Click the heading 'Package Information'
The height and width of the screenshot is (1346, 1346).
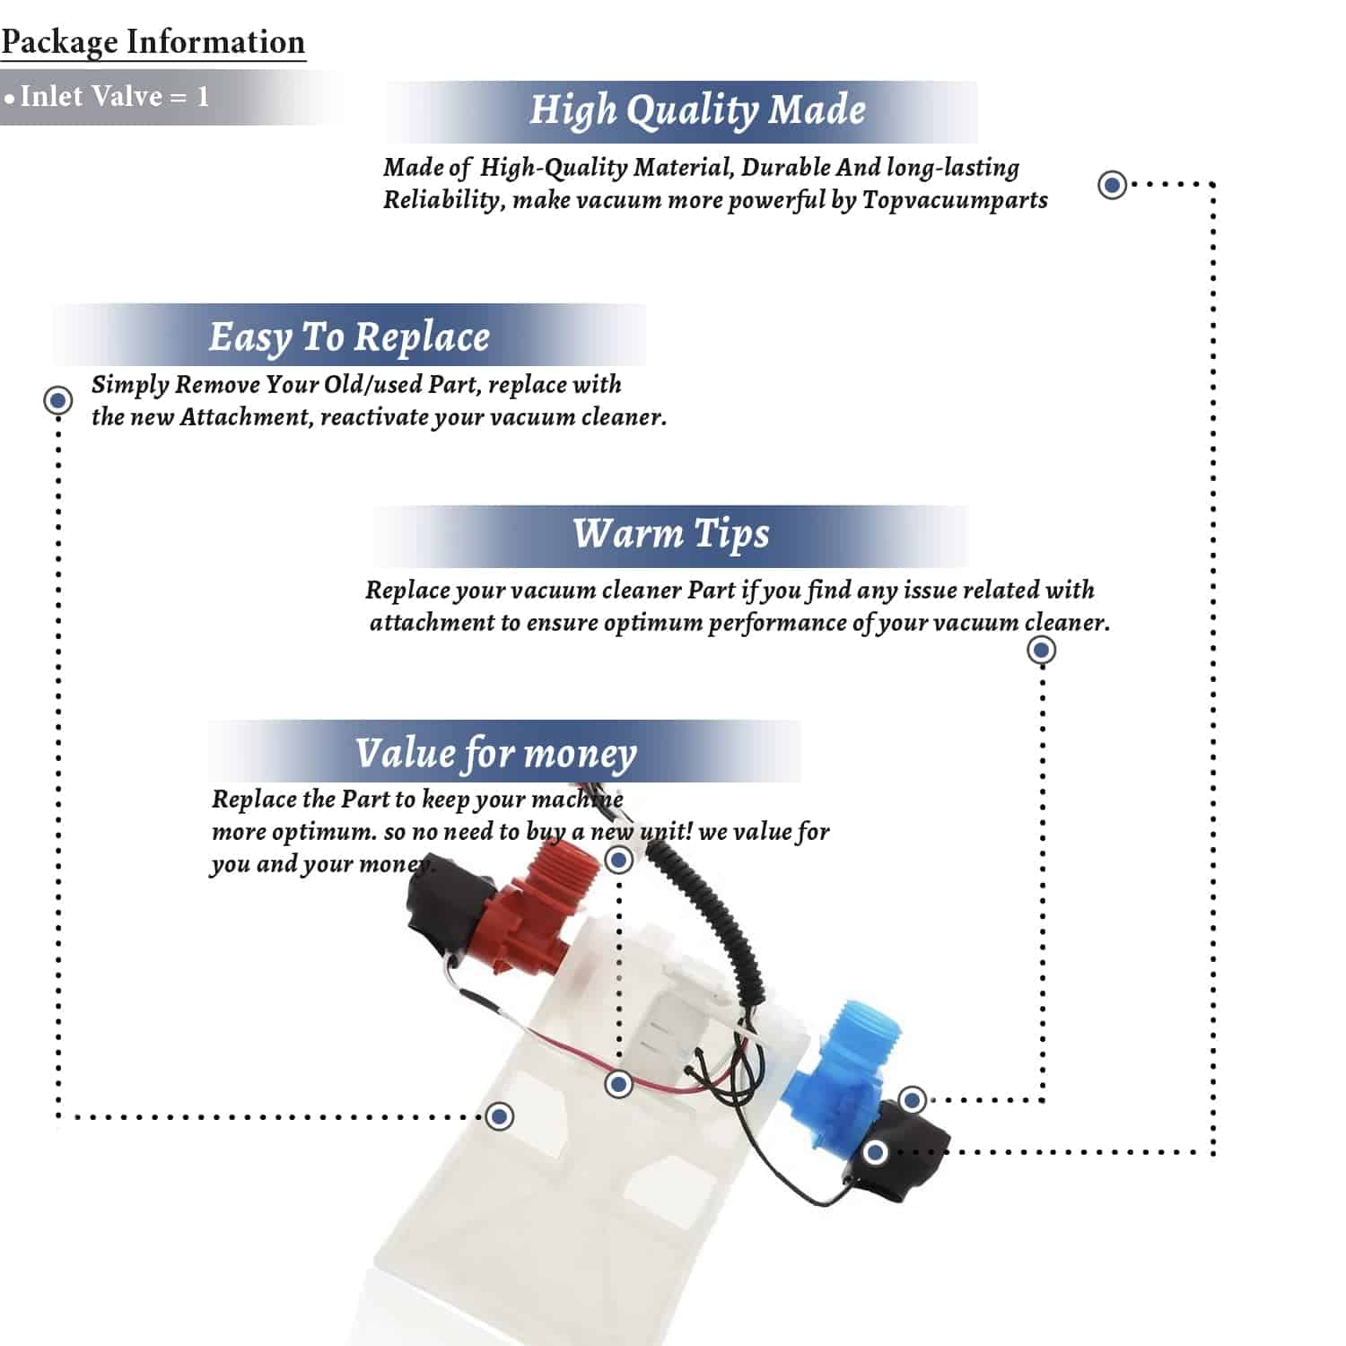(x=153, y=42)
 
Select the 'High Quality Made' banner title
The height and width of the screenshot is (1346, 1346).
(x=697, y=110)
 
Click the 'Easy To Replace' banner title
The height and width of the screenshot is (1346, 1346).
(x=349, y=337)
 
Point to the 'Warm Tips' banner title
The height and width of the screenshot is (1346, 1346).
(x=671, y=534)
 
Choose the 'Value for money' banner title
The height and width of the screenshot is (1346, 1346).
(x=495, y=754)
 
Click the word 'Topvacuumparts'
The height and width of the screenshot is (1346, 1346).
(x=955, y=200)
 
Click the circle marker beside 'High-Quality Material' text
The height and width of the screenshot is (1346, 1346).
(x=1113, y=185)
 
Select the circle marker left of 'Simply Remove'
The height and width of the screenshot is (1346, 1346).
(x=58, y=400)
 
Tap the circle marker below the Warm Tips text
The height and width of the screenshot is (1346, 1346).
(x=1041, y=650)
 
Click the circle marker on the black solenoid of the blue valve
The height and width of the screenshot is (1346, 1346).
(x=876, y=1152)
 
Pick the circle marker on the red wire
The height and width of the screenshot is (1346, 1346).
(x=618, y=1085)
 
